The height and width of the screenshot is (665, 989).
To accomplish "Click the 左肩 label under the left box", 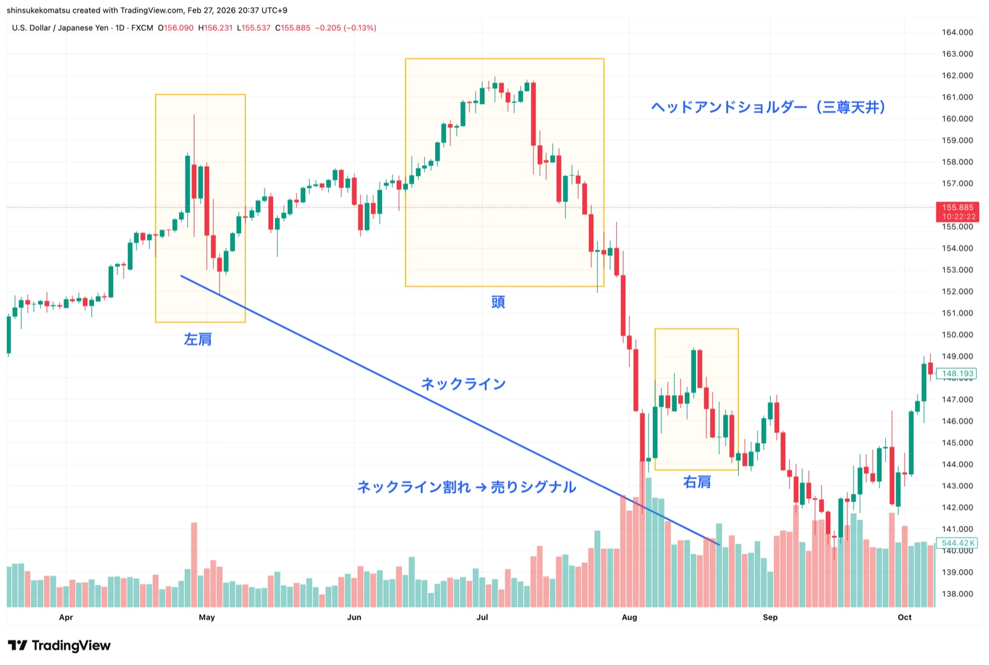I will click(198, 339).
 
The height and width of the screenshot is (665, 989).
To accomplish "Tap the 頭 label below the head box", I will click(498, 302).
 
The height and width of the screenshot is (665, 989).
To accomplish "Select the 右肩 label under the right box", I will click(697, 482).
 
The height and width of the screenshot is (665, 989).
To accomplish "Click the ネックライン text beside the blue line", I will click(464, 384).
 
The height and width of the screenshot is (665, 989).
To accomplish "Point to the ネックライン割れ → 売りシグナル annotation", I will click(467, 487).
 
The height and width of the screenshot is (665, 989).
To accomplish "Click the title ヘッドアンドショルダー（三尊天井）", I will click(768, 108).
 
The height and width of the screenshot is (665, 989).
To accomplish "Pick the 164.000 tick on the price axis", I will click(957, 32).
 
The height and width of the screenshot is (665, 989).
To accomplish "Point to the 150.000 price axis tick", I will click(957, 334).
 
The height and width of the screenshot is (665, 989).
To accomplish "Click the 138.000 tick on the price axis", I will click(957, 594).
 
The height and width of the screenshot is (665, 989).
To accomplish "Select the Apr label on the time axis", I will click(66, 617).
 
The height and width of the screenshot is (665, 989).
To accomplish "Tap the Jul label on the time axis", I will click(482, 617).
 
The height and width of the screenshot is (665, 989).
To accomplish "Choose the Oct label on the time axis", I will click(904, 617).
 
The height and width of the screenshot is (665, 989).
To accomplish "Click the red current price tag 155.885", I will click(957, 211).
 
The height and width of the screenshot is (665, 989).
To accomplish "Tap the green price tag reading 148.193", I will click(957, 373).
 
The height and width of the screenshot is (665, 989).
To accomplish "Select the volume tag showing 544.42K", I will click(957, 543).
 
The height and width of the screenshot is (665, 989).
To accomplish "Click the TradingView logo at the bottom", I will click(59, 646).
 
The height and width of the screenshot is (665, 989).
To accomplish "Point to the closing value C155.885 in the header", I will click(293, 28).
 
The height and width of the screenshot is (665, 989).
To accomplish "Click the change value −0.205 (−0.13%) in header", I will click(346, 28).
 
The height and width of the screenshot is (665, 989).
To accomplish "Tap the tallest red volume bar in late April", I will click(194, 564).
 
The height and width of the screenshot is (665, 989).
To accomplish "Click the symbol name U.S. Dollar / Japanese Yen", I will click(61, 28).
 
